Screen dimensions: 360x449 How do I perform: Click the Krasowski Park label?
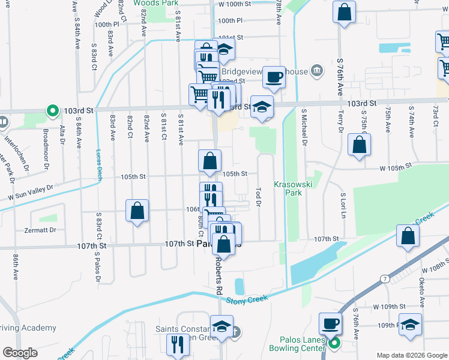click(x=288, y=188)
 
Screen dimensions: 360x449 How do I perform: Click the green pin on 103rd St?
click(x=52, y=111)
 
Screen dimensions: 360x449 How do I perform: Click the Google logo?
click(x=19, y=353)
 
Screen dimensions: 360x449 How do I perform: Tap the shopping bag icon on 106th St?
click(x=137, y=211)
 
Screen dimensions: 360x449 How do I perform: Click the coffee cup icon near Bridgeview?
click(x=274, y=77)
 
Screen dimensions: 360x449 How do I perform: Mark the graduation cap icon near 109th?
click(x=410, y=325)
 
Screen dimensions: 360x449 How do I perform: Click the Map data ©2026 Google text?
click(x=411, y=355)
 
